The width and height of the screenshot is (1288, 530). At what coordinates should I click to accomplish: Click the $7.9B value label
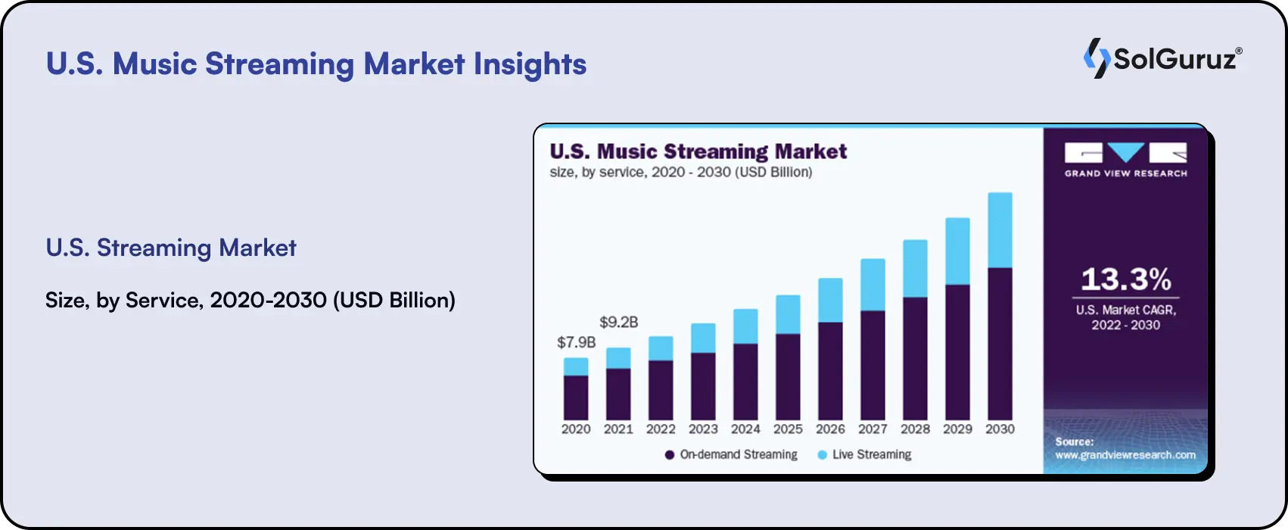[x=577, y=342]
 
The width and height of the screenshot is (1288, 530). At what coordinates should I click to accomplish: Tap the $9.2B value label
[x=619, y=323]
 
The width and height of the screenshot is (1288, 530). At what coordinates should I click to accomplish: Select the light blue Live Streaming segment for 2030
[x=1000, y=230]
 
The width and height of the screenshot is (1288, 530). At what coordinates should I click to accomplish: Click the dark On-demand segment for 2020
[x=576, y=397]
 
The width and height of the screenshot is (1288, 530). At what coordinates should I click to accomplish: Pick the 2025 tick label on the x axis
[x=788, y=429]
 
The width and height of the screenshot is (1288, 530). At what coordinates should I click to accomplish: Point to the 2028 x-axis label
[x=915, y=429]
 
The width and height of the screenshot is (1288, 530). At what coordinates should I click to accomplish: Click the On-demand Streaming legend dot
[x=670, y=455]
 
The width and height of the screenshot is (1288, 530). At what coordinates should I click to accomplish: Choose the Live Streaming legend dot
[x=823, y=455]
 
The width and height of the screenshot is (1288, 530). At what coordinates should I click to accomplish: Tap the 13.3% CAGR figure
[x=1126, y=279]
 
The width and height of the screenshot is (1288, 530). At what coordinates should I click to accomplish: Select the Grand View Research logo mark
[x=1125, y=154]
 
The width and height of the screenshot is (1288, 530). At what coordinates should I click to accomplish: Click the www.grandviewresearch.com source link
[x=1125, y=455]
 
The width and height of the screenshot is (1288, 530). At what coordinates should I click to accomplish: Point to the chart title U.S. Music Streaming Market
[x=698, y=151]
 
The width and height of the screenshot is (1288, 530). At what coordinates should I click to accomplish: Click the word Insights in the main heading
[x=530, y=64]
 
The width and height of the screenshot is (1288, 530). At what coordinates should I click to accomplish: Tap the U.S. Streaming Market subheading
[x=171, y=248]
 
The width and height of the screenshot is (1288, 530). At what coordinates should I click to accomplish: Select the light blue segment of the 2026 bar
[x=830, y=301]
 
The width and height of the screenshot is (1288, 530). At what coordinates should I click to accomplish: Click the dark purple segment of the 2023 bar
[x=703, y=386]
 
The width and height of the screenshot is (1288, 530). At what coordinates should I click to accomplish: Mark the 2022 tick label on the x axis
[x=661, y=429]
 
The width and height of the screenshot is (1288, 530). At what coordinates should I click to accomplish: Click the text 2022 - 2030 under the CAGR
[x=1125, y=326]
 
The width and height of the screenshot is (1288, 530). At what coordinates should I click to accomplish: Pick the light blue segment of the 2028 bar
[x=915, y=269]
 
